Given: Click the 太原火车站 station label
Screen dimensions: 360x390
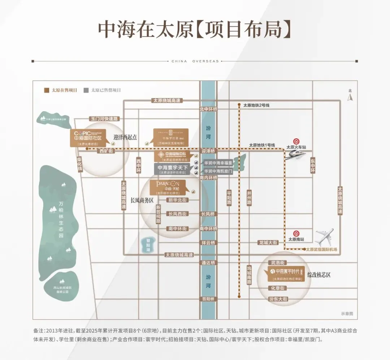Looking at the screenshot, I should click(x=296, y=147).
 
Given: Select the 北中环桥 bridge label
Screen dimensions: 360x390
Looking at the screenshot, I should click(x=209, y=109).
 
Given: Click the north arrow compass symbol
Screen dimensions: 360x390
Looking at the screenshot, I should click(x=350, y=96).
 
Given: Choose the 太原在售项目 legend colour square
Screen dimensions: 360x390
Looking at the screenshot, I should click(x=46, y=90).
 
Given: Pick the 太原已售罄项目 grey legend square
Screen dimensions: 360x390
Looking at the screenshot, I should click(x=86, y=90).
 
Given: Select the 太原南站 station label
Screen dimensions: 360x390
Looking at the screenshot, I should click(x=296, y=239).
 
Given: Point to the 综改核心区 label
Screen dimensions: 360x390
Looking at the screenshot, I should click(x=319, y=275).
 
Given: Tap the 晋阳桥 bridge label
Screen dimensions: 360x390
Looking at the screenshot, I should click(x=209, y=299).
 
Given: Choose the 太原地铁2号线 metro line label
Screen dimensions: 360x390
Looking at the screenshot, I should click(x=256, y=105).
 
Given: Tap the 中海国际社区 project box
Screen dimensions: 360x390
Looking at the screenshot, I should click(x=88, y=138).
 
